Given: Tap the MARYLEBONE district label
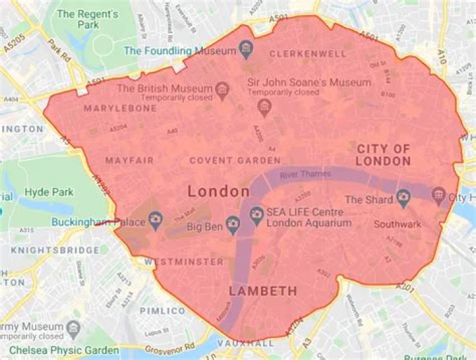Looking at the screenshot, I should coord(120,108).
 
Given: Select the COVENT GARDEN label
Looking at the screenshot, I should coord(235,160).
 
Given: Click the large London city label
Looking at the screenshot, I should coord(219,192).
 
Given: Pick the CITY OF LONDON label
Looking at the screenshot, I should coord(383,155).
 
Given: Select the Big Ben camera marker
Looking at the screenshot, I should coord(233,225).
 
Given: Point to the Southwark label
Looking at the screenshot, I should coord(397,224).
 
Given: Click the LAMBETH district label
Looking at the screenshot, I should coord(262,291).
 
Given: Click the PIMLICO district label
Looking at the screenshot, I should coord(163,310).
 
